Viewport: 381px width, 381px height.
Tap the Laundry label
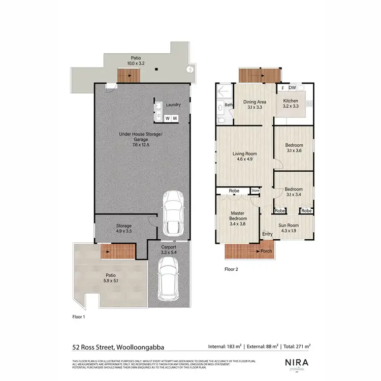coord(173,105)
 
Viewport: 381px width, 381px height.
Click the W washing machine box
coord(167,118)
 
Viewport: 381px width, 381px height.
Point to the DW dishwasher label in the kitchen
coord(293,88)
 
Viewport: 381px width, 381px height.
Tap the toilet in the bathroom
coord(221,120)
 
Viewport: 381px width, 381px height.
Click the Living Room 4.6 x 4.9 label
coord(244,156)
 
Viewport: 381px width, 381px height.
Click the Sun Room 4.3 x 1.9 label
coord(288,228)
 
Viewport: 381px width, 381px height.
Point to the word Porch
coord(266,251)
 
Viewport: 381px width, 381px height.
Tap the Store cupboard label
coord(255,191)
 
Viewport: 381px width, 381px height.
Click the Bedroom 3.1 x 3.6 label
coord(294,148)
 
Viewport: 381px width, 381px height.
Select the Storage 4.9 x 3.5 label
coord(124,228)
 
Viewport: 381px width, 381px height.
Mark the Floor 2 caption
coord(231,269)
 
